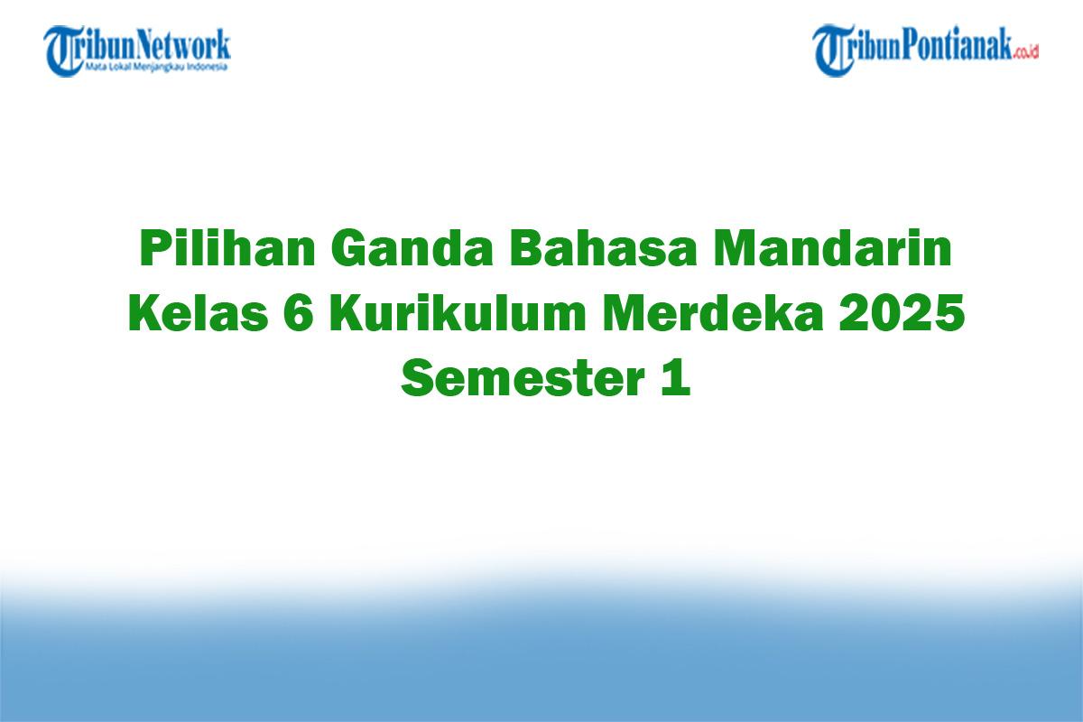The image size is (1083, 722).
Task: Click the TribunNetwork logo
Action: pyautogui.click(x=138, y=50)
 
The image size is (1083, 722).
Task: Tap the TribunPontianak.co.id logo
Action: pyautogui.click(x=926, y=50)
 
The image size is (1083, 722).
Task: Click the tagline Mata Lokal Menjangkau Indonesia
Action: pyautogui.click(x=156, y=67)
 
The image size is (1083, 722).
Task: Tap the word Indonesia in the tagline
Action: pyautogui.click(x=209, y=67)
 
